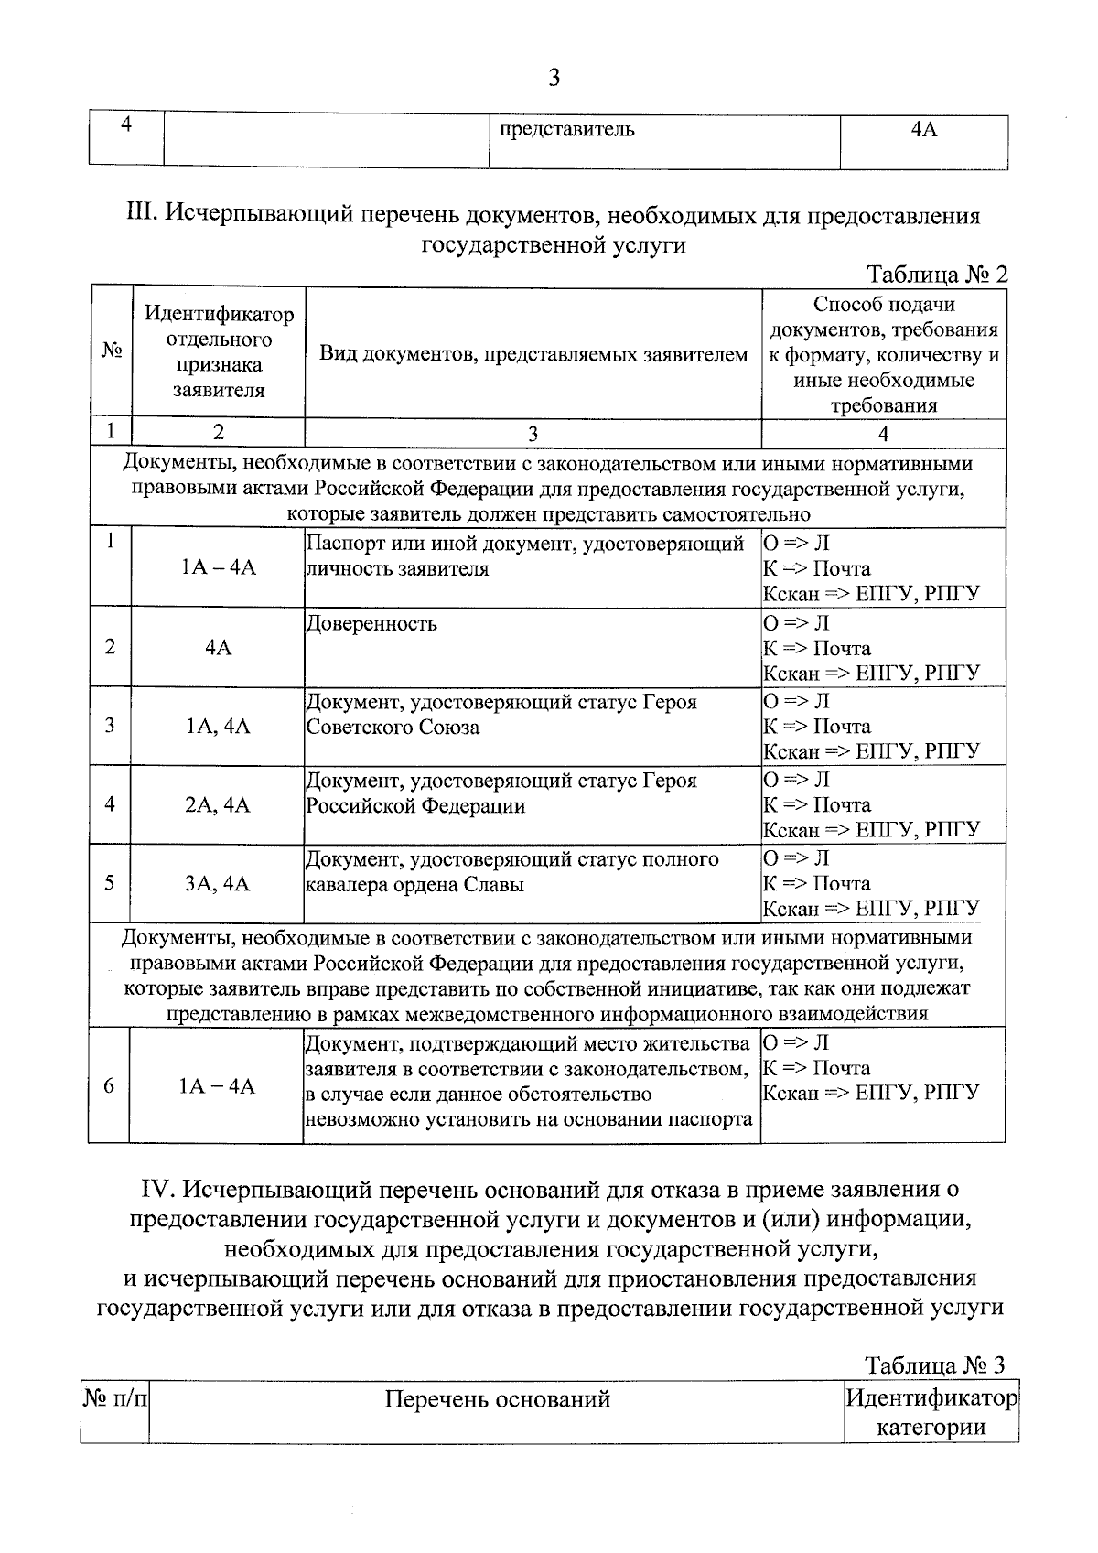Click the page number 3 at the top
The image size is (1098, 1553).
click(x=554, y=78)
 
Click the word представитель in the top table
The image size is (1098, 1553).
click(x=566, y=129)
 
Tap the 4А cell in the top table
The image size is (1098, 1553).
click(x=924, y=129)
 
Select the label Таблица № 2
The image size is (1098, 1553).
click(x=936, y=275)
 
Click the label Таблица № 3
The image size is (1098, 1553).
click(x=935, y=1365)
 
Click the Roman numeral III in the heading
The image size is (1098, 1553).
click(x=143, y=217)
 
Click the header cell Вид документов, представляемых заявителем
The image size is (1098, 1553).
click(x=533, y=355)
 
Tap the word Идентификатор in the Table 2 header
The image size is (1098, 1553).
click(x=219, y=315)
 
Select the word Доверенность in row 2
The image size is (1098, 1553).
click(x=371, y=624)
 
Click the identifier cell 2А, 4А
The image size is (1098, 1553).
click(x=218, y=805)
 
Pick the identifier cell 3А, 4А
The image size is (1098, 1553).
click(x=218, y=884)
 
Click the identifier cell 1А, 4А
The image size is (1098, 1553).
click(x=218, y=727)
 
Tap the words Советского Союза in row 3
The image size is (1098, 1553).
click(x=393, y=728)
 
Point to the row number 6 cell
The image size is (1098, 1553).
click(x=109, y=1085)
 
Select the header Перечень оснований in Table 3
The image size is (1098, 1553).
click(x=497, y=1399)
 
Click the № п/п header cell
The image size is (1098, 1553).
click(x=115, y=1399)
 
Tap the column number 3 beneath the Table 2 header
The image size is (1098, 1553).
click(x=533, y=434)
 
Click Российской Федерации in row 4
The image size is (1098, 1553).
click(x=415, y=806)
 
